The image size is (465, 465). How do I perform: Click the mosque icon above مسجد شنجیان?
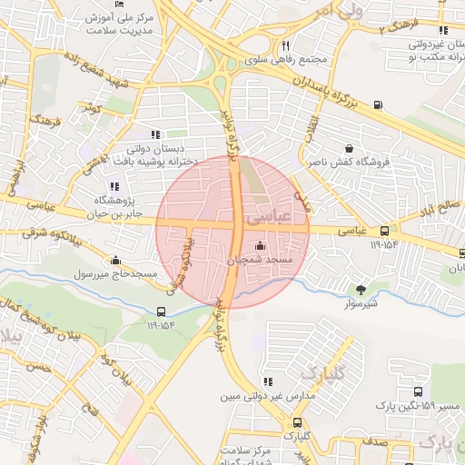(x=261, y=245)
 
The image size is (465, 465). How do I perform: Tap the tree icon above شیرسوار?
(x=362, y=290)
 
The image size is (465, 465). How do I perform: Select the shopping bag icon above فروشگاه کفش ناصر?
(x=350, y=148)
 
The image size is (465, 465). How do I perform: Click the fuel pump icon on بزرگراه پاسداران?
(x=378, y=104)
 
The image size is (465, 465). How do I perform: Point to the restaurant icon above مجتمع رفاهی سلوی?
(x=285, y=45)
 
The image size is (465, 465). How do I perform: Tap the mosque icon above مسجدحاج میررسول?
(x=114, y=260)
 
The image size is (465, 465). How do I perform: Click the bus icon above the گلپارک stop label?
(x=297, y=422)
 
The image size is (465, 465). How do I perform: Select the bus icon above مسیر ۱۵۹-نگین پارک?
(x=419, y=389)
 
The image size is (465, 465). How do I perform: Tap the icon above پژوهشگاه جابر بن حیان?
(x=114, y=186)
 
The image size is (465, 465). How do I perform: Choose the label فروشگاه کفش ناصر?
(x=349, y=163)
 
